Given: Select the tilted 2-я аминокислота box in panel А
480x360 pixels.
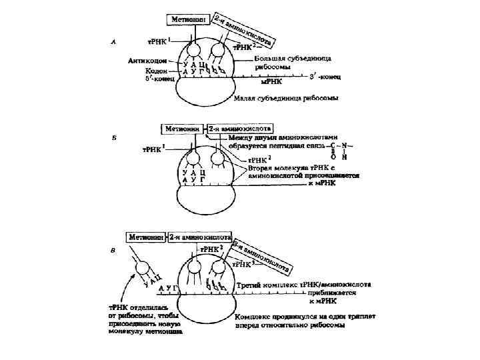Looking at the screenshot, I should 247,31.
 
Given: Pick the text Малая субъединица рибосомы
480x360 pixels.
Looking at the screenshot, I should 285,99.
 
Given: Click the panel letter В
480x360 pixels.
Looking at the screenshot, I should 115,251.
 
